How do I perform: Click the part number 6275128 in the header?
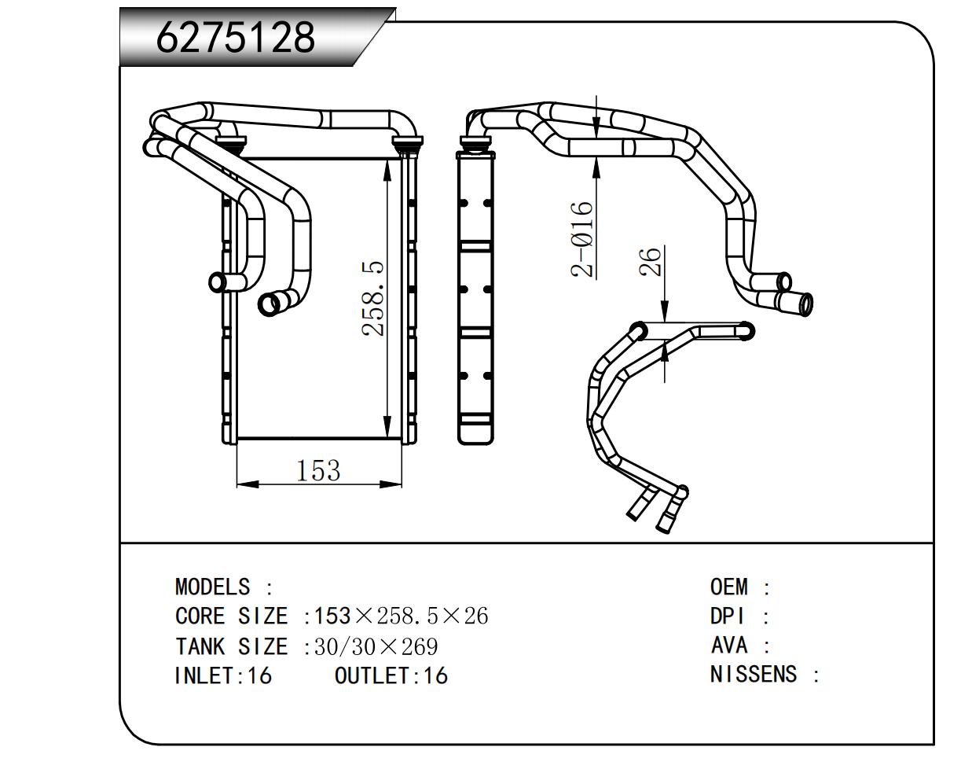236,37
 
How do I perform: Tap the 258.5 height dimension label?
374,299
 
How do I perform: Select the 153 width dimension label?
319,470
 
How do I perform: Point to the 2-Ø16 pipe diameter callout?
582,239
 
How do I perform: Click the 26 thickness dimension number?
651,263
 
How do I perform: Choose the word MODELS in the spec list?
212,587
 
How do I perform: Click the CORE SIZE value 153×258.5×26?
401,616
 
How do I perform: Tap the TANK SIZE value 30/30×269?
376,647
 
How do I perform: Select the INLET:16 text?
222,675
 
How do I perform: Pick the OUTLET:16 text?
391,675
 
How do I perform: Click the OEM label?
729,587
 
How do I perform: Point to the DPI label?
727,616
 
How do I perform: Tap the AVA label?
728,646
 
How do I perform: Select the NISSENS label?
753,675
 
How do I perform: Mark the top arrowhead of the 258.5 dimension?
388,167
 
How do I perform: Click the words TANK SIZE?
231,647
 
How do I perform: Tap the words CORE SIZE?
231,616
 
